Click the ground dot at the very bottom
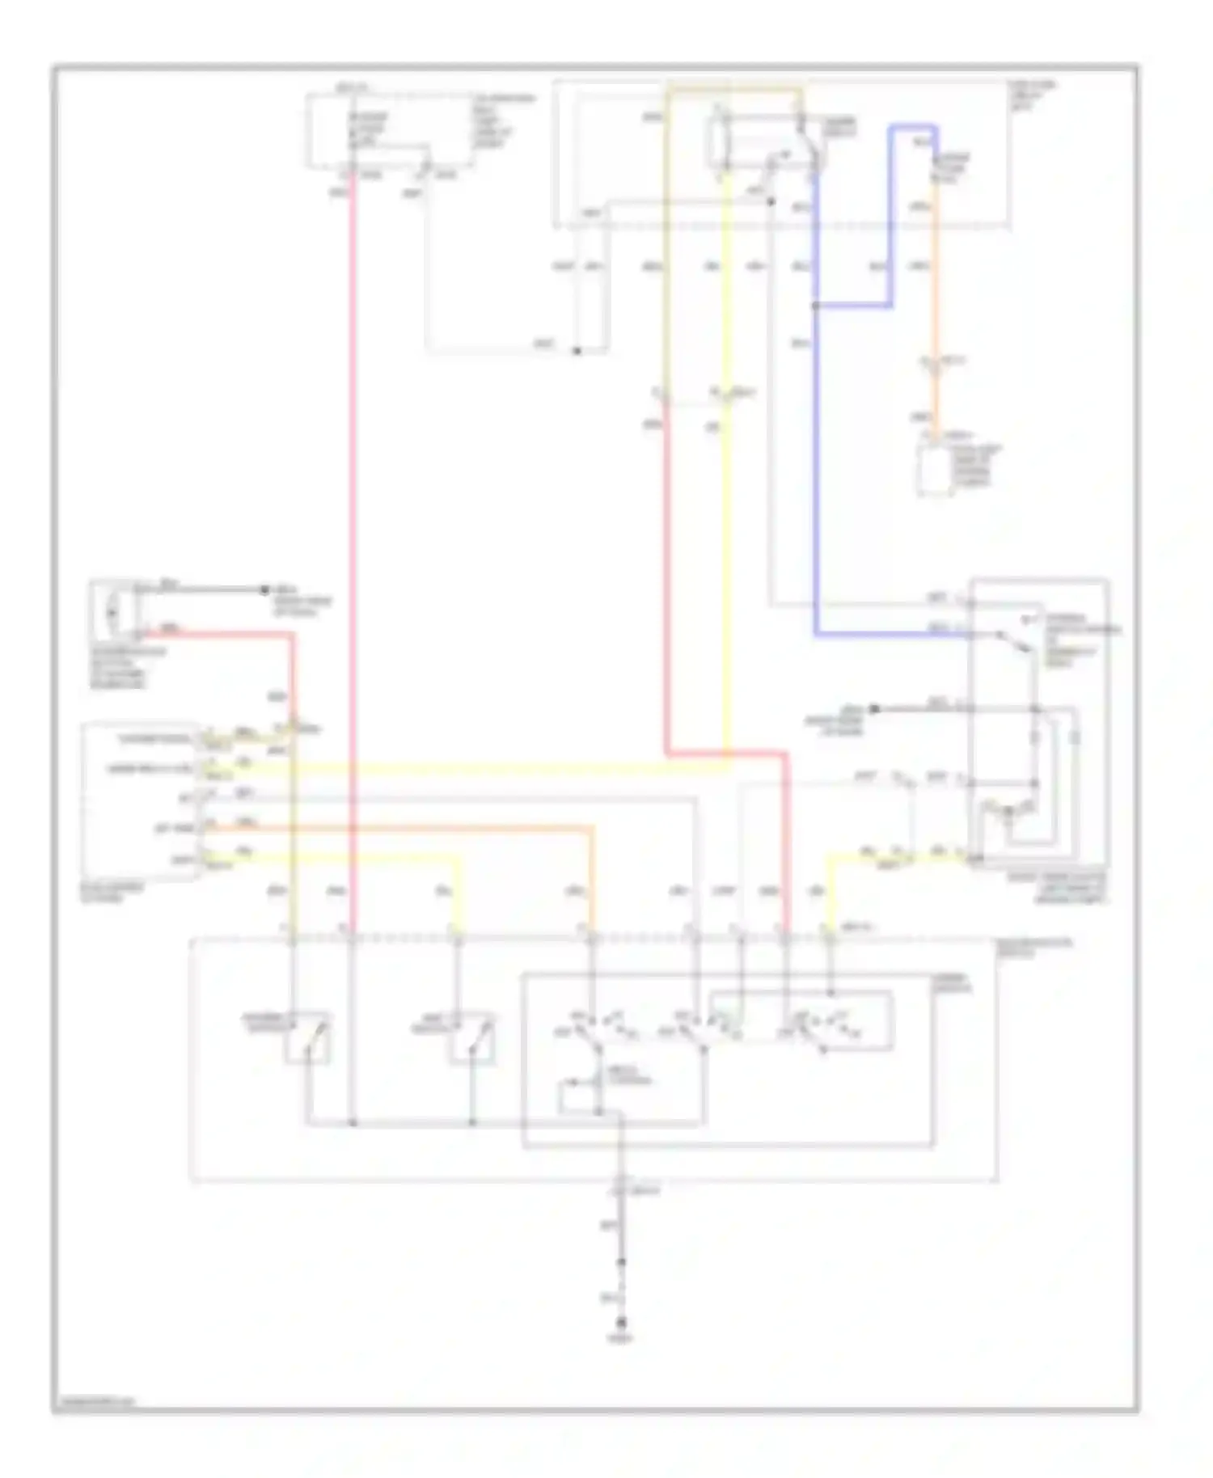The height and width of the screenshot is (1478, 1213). point(621,1323)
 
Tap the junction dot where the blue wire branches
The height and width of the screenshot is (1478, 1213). point(815,306)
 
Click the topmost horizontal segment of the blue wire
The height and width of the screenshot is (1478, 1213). point(914,127)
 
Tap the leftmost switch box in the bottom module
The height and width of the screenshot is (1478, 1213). point(308,1037)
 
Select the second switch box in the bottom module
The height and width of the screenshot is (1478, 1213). point(472,1037)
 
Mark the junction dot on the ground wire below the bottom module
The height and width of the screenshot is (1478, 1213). point(621,1262)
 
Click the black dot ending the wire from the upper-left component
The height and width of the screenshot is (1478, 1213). point(264,589)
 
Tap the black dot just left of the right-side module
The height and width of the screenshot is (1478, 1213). point(873,709)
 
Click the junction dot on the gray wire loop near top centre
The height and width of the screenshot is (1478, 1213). point(577,351)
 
